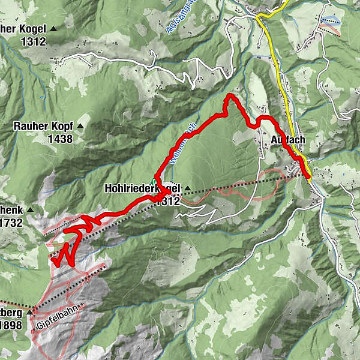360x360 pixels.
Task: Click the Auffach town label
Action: click(288, 139)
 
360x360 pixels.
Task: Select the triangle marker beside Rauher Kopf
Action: click(80, 127)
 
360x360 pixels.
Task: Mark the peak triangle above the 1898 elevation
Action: click(29, 313)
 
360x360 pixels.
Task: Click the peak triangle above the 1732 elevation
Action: click(29, 210)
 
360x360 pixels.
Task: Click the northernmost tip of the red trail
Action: click(229, 95)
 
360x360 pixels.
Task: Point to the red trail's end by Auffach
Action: click(308, 176)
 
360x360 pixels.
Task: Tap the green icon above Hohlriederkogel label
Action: click(154, 182)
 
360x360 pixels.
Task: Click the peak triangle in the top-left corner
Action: click(54, 28)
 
